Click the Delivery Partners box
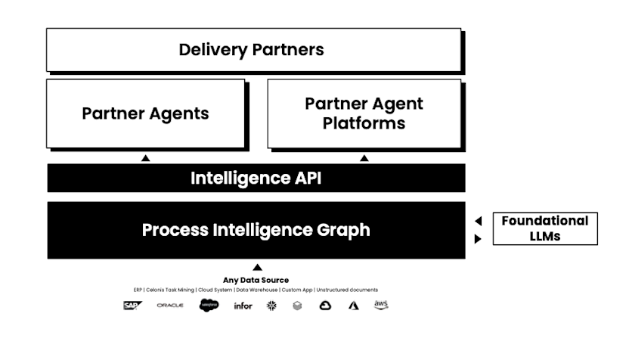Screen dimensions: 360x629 coord(253,50)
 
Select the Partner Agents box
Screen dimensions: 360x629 coord(145,113)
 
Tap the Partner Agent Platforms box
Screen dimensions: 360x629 coord(364,113)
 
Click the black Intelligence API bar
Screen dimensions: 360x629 coord(256,178)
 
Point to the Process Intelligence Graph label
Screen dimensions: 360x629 coord(256,230)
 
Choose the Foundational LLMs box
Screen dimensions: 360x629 coord(544,228)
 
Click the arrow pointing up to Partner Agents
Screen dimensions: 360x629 coord(146,158)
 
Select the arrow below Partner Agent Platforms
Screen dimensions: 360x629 coord(364,158)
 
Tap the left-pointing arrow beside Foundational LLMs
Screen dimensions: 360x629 coord(478,221)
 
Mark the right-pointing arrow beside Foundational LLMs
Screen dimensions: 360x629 coord(478,238)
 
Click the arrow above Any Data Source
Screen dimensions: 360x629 coord(256,267)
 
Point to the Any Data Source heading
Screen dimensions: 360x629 coord(256,280)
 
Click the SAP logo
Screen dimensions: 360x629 coord(133,306)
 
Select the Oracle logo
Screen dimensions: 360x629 coord(170,306)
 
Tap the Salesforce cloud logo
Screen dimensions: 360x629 coord(209,306)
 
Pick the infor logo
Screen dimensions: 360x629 coord(243,306)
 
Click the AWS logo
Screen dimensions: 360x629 coord(380,305)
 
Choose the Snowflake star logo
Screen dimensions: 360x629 coord(271,306)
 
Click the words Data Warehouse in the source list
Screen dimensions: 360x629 coord(259,290)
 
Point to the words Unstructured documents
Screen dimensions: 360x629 coord(347,290)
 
